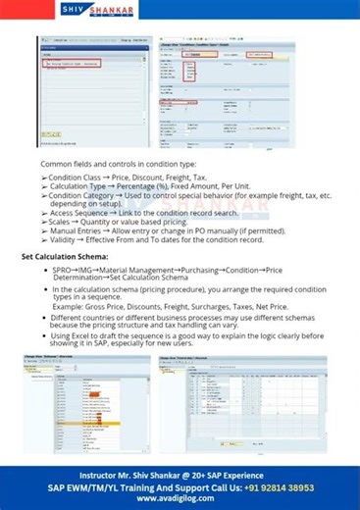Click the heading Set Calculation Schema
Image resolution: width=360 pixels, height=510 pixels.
pyautogui.click(x=66, y=255)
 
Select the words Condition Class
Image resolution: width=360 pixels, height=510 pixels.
pyautogui.click(x=77, y=177)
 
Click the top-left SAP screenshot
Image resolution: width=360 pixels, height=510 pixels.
pyautogui.click(x=95, y=92)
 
